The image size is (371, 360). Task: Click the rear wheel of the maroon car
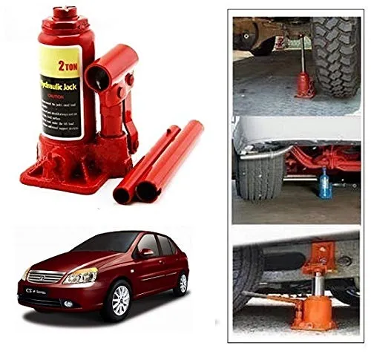[181, 283]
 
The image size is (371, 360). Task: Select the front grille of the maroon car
[45, 278]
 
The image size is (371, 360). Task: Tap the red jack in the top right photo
[305, 77]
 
